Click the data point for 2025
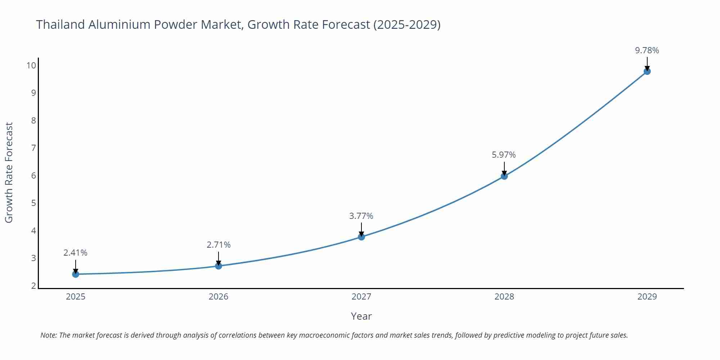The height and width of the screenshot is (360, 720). pos(76,274)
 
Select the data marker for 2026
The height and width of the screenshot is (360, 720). pos(219,266)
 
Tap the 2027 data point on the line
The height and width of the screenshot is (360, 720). pos(361,237)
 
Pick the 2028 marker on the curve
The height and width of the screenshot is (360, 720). pos(504,176)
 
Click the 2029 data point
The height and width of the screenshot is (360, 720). pos(647,71)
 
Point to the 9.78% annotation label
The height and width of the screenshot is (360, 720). pos(647,50)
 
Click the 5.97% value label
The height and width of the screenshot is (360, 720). pos(504,155)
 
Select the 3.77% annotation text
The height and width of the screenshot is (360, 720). pos(361,216)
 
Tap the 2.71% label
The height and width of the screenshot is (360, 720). pos(219,245)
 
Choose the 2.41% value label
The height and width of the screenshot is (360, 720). pos(75,253)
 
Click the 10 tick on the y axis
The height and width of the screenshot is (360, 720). pos(31,66)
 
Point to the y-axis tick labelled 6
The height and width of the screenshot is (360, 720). pos(33,176)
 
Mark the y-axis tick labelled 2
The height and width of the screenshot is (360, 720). pos(33,286)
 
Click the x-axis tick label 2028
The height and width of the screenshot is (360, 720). pos(504,297)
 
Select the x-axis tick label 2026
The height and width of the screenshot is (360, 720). pos(219,297)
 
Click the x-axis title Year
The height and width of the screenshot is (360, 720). pos(361,316)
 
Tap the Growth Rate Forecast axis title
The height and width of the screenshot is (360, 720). pos(9,172)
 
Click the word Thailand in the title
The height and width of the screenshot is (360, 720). pos(60,24)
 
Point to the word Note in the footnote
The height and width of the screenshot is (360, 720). pos(48,335)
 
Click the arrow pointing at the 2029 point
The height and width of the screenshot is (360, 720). pos(647,63)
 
